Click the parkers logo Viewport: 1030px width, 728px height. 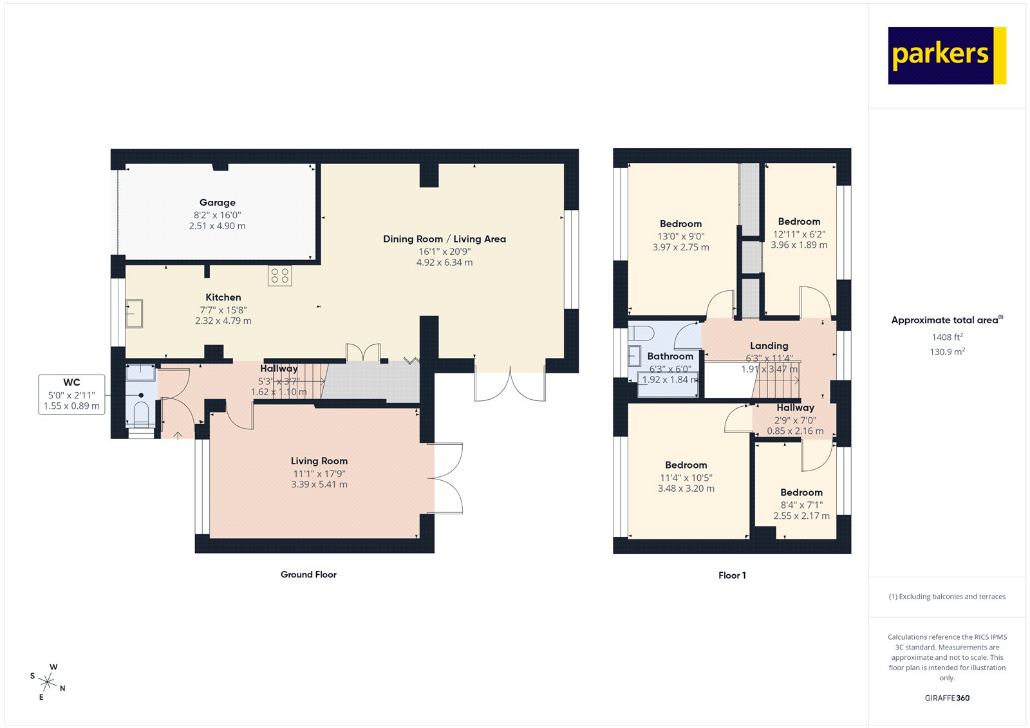[946, 55]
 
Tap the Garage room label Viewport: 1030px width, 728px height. [217, 202]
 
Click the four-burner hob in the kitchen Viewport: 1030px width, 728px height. [280, 275]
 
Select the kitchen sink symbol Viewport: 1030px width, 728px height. [134, 313]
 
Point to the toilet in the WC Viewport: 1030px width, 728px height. [141, 413]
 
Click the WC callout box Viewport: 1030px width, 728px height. [71, 394]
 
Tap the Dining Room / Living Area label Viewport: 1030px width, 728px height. [444, 239]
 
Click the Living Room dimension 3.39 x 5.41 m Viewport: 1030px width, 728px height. [319, 485]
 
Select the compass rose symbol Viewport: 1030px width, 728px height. [48, 681]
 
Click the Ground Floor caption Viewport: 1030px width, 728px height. [308, 575]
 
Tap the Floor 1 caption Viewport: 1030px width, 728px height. [732, 575]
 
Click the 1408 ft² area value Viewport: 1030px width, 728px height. [947, 337]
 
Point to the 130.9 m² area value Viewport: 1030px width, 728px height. [947, 352]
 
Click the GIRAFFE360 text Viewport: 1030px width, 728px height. [947, 698]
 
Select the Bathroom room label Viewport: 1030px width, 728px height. [670, 356]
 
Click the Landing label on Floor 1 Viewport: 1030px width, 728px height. [769, 346]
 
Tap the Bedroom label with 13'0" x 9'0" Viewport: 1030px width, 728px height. [680, 224]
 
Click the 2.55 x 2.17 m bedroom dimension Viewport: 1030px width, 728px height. [801, 516]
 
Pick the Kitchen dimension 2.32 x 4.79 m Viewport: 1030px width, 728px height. [223, 321]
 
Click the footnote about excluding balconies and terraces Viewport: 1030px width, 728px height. [947, 597]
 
